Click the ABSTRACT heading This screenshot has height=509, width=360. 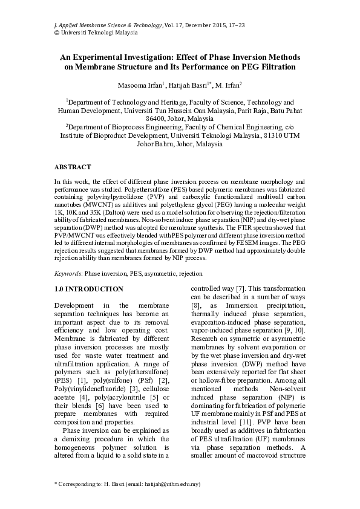tap(73, 167)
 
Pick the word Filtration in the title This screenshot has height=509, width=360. tap(275, 66)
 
